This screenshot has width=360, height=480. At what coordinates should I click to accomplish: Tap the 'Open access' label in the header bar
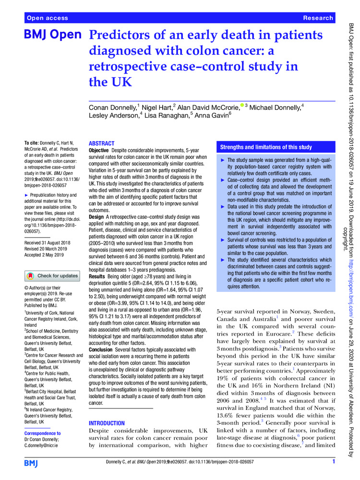47,18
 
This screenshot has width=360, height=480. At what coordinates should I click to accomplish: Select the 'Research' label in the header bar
318,18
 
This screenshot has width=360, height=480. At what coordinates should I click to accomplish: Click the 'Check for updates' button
52,276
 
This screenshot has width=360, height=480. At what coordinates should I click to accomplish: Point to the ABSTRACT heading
102,144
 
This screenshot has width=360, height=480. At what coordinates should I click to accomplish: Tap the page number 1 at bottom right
333,462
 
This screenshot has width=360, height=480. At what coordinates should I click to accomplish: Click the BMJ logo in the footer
34,463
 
